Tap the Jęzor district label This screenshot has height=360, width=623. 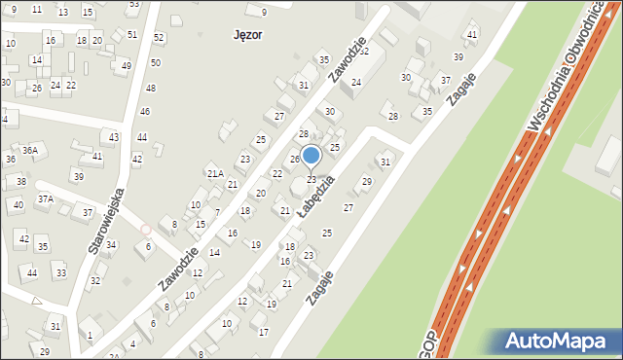(x=248, y=34)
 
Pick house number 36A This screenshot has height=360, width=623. (x=30, y=150)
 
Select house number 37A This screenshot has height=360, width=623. (x=45, y=198)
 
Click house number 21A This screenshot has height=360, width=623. (x=215, y=173)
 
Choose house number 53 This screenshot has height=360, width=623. (x=133, y=4)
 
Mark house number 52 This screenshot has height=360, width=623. (x=159, y=37)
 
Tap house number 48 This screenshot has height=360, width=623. (x=150, y=88)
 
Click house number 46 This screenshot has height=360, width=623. (x=144, y=112)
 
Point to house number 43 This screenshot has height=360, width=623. (x=114, y=137)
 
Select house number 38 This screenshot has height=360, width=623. (x=20, y=182)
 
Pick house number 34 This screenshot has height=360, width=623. (x=111, y=244)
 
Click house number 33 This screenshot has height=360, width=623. (x=60, y=273)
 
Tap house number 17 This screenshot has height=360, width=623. (x=263, y=332)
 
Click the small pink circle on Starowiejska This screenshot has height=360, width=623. (x=145, y=230)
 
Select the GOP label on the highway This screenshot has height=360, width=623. (x=428, y=346)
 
